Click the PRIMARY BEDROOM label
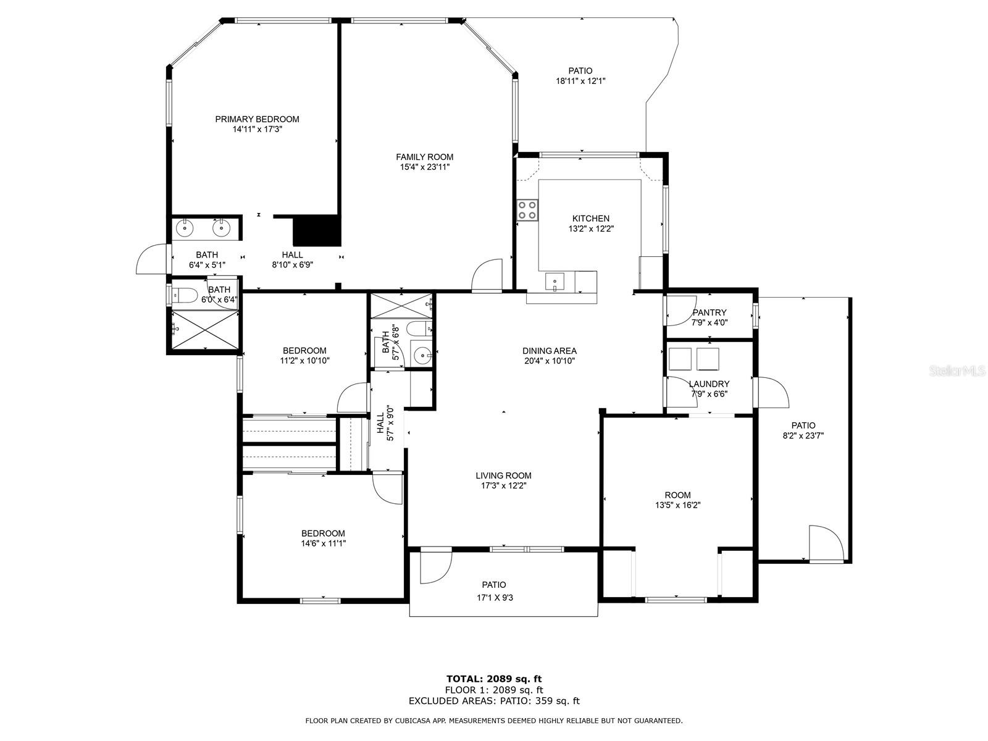pyautogui.click(x=257, y=119)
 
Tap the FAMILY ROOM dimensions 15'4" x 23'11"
pyautogui.click(x=424, y=167)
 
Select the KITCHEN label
pyautogui.click(x=590, y=219)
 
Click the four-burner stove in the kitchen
pyautogui.click(x=527, y=210)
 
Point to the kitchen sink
pyautogui.click(x=555, y=281)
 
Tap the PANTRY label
pyautogui.click(x=710, y=312)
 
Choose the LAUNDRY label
pyautogui.click(x=709, y=383)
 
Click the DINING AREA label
pyautogui.click(x=549, y=351)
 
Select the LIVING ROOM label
pyautogui.click(x=503, y=475)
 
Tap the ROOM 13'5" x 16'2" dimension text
pyautogui.click(x=677, y=505)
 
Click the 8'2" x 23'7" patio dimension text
pyautogui.click(x=803, y=435)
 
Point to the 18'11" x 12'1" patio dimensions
pyautogui.click(x=580, y=82)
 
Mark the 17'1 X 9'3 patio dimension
pyautogui.click(x=495, y=598)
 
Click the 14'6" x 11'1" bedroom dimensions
pyautogui.click(x=323, y=543)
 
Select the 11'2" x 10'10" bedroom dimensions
pyautogui.click(x=304, y=361)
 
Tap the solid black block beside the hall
pyautogui.click(x=316, y=230)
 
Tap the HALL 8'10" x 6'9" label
pyautogui.click(x=292, y=259)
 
